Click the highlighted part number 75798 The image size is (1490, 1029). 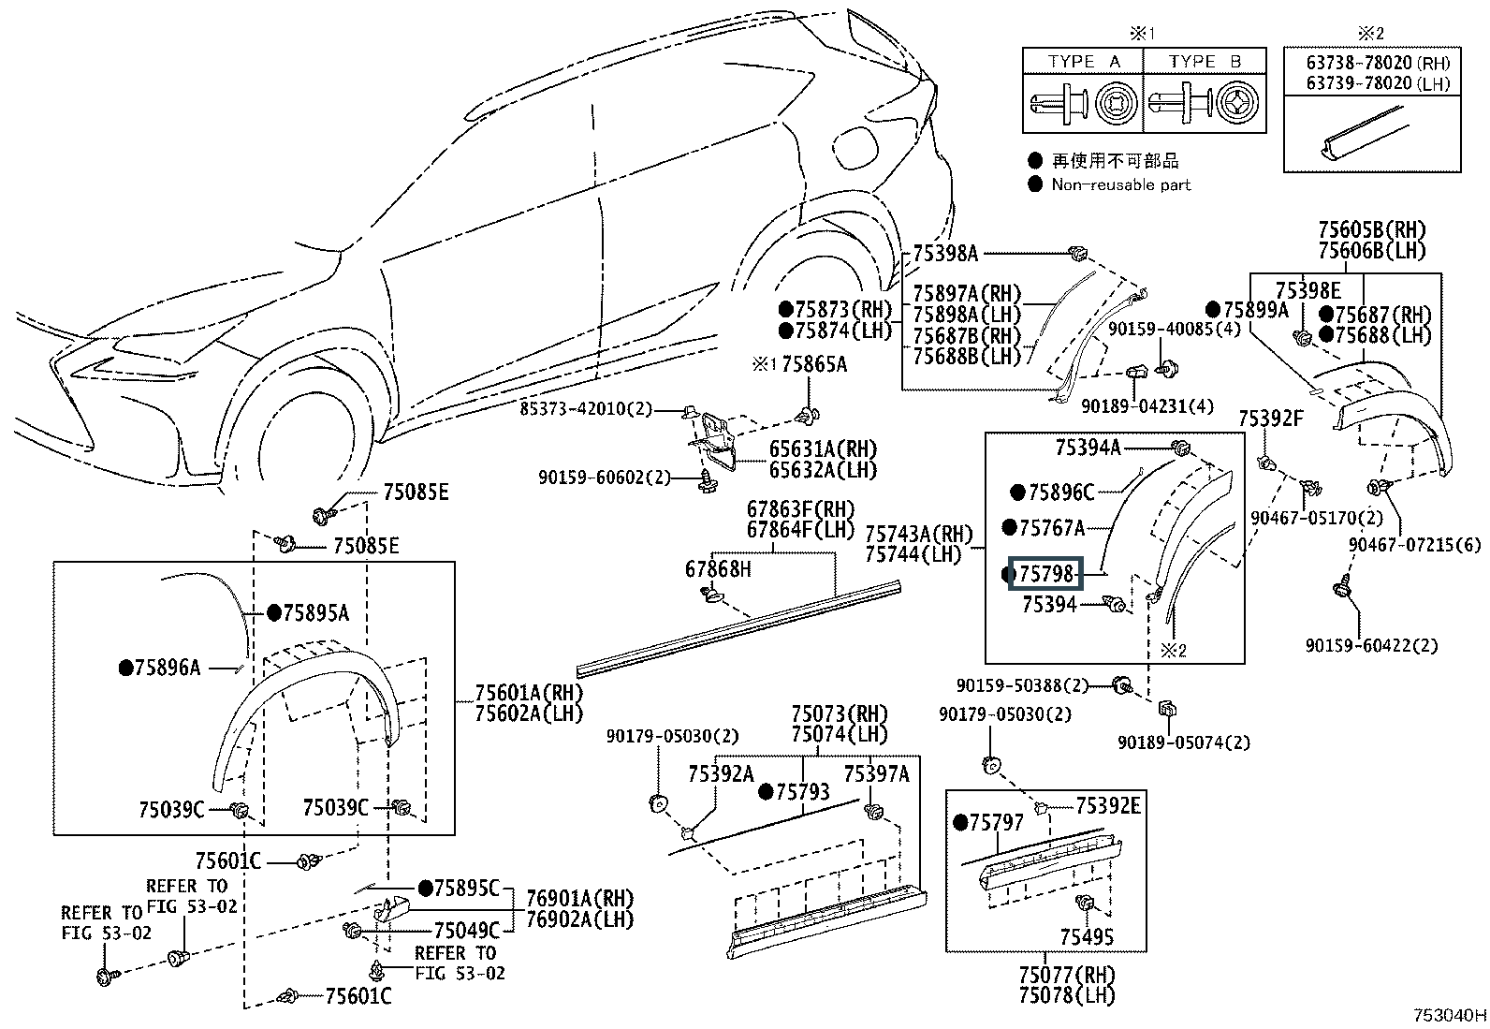[x=1046, y=573]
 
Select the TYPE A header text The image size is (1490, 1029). [x=1084, y=62]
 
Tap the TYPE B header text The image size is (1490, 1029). [x=1205, y=62]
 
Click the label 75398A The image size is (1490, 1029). [x=945, y=253]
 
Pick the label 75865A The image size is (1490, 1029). [x=814, y=364]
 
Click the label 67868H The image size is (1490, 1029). [x=718, y=568]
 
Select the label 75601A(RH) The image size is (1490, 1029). [x=529, y=694]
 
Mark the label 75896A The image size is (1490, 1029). [x=168, y=668]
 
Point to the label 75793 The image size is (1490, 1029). [x=802, y=792]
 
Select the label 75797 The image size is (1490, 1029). [x=997, y=822]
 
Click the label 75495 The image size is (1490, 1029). [x=1087, y=936]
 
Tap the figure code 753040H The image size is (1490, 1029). [x=1450, y=1015]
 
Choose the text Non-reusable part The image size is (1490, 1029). [x=1120, y=184]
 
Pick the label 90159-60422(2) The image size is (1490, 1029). [x=1372, y=645]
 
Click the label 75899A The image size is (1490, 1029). [x=1256, y=310]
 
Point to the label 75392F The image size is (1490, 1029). [x=1271, y=419]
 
